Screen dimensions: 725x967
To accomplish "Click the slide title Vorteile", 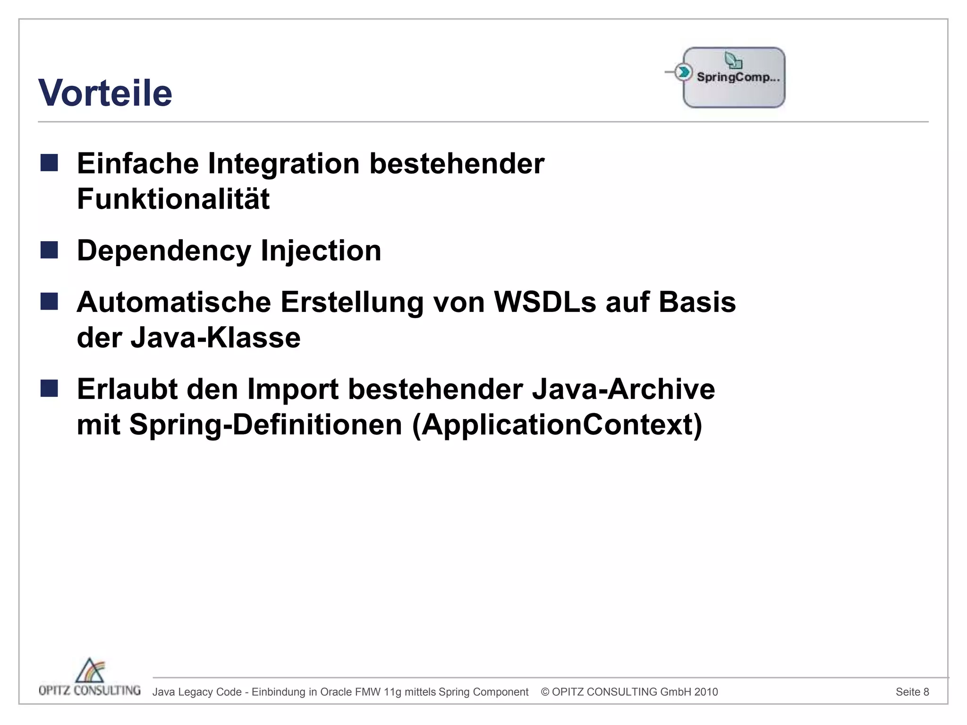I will click(105, 93).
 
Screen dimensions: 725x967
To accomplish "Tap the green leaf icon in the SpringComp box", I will click(733, 60).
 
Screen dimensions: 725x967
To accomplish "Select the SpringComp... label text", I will click(738, 77).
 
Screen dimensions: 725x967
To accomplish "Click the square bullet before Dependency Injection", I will click(49, 250).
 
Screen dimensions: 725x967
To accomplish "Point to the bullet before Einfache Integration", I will click(49, 163).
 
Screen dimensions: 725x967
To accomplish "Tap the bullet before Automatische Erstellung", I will click(49, 302).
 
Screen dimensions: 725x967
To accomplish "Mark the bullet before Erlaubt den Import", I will click(49, 389).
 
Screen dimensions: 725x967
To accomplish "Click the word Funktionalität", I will click(173, 199).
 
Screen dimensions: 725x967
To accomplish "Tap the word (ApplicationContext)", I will click(557, 424).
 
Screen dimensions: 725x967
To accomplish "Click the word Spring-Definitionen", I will click(265, 424).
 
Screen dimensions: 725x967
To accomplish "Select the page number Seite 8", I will click(912, 692).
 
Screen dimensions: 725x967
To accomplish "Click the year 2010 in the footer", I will click(706, 692).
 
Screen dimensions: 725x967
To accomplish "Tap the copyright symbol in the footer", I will click(545, 692).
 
